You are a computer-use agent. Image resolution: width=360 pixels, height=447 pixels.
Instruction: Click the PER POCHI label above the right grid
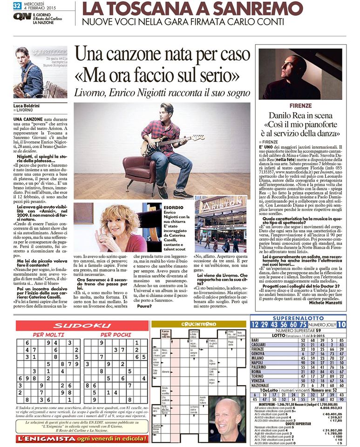pos(115,334)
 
